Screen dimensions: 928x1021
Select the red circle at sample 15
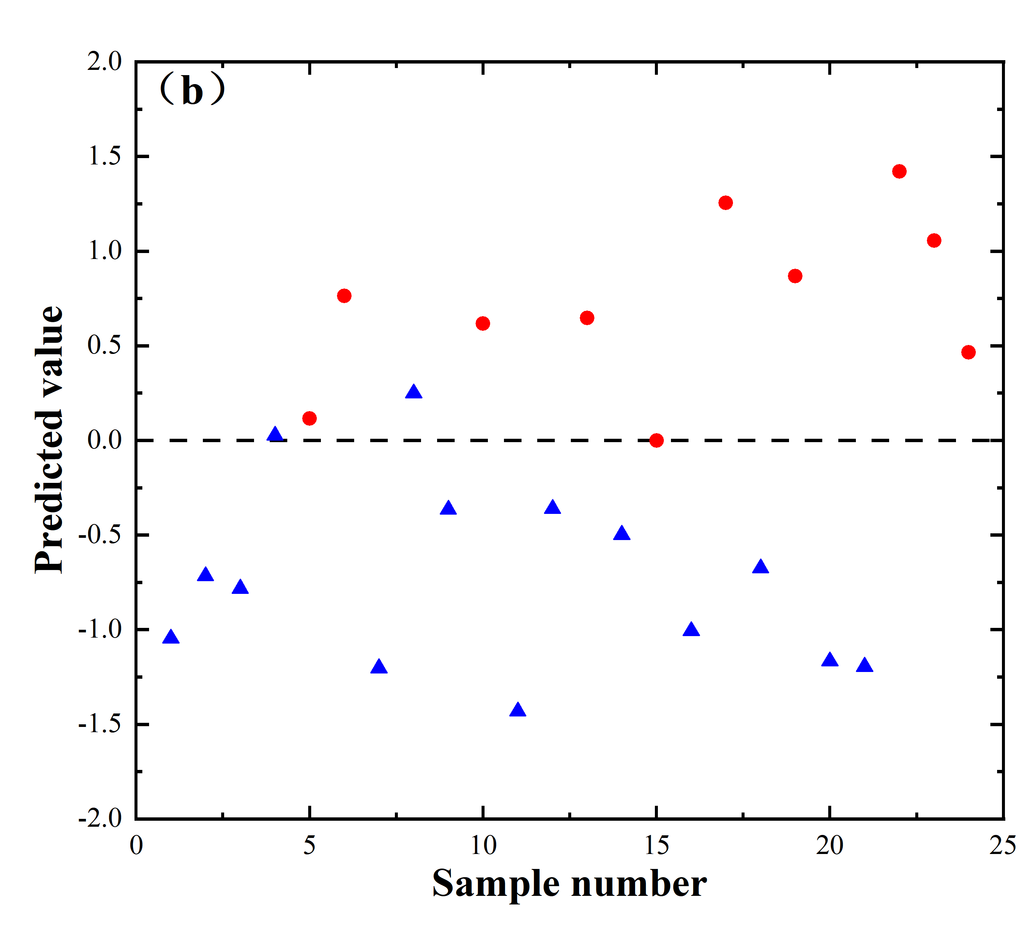656,440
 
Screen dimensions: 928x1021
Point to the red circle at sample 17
726,203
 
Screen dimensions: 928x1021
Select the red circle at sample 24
968,352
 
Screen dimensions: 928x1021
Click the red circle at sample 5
309,419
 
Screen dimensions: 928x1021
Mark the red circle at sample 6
344,296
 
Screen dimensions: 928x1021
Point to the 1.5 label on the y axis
105,157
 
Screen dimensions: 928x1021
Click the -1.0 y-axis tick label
100,630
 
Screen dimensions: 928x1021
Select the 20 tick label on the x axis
830,845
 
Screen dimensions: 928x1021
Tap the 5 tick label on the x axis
309,845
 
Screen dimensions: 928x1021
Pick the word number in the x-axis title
639,884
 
